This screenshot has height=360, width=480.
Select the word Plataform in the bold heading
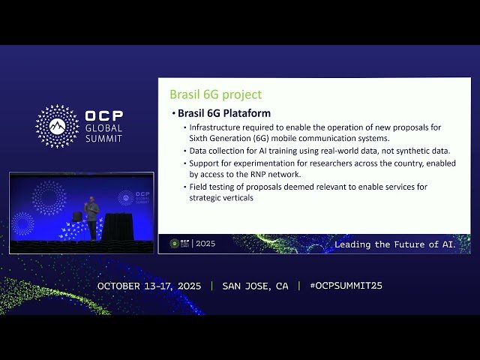(244, 113)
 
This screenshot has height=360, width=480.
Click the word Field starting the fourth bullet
(199, 187)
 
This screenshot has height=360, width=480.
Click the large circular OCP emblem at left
(58, 126)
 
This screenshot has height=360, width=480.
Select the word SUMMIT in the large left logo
(104, 139)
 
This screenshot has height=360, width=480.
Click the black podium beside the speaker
(117, 226)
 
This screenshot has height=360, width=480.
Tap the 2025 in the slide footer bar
(205, 244)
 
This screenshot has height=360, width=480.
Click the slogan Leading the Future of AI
(394, 244)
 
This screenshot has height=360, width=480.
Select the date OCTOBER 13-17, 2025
(150, 286)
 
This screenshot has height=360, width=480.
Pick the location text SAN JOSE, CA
(255, 286)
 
